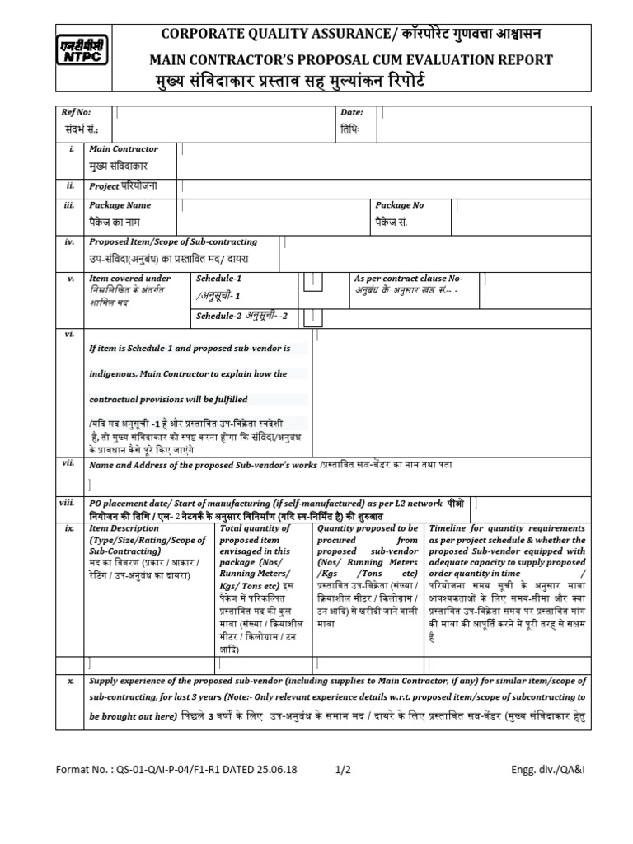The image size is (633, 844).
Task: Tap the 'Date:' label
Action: pos(351,111)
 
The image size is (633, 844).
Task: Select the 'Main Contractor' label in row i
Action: pos(124,149)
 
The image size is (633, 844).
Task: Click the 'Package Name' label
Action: pos(120,205)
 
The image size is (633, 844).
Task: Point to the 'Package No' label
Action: pos(400,205)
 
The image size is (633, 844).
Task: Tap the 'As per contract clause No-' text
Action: pos(408,279)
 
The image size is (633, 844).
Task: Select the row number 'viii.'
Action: pos(68,502)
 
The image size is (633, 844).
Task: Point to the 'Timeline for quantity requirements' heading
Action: pos(504,528)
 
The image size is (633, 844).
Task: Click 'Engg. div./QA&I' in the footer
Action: pos(548,770)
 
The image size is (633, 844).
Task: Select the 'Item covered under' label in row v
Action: pos(129,279)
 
